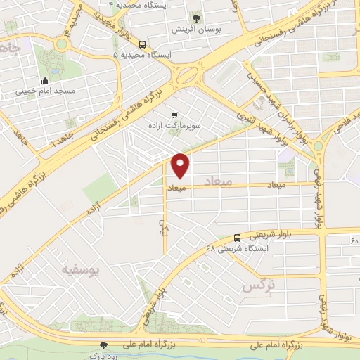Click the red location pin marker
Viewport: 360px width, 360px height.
click(181, 165)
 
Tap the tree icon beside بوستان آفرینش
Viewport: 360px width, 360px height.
click(196, 19)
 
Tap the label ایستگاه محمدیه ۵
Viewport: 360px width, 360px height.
click(141, 54)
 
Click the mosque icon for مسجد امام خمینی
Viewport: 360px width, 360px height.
click(46, 79)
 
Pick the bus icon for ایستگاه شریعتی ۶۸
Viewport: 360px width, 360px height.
click(237, 238)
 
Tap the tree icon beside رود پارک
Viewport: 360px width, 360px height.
click(104, 345)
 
